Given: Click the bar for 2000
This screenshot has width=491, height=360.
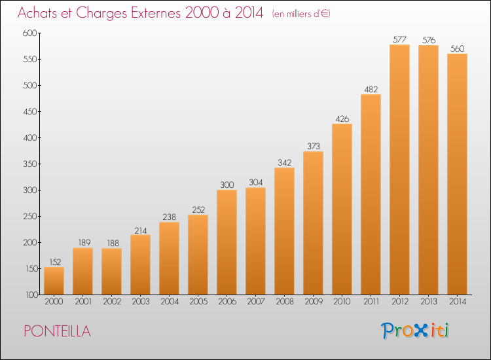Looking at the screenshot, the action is [x=54, y=281].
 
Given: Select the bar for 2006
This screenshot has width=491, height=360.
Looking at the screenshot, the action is [x=227, y=242].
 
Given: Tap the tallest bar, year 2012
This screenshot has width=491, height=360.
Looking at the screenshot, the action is [x=399, y=170].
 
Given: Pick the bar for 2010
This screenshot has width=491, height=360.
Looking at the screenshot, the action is [x=342, y=209].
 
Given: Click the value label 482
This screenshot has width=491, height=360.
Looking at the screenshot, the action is [x=371, y=90].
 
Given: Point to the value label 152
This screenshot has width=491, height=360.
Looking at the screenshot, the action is [x=55, y=262].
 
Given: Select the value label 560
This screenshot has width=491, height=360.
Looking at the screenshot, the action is [x=457, y=49].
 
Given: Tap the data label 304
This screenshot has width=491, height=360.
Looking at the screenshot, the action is [x=255, y=182].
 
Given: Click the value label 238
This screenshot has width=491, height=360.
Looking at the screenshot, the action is [x=169, y=217].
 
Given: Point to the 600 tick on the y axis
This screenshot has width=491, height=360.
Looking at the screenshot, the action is [x=29, y=33].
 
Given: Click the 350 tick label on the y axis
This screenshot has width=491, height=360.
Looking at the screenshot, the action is [x=30, y=164].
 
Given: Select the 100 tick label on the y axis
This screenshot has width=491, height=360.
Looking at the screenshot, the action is [x=31, y=295].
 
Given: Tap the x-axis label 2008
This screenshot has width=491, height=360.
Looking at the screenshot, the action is [x=285, y=302].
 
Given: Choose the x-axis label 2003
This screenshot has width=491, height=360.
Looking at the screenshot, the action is [x=141, y=302].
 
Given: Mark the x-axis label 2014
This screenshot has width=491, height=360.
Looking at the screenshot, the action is [x=458, y=302].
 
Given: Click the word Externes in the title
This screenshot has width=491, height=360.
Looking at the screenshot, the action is [x=156, y=13].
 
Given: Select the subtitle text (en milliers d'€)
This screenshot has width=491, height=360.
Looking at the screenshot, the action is [x=301, y=14].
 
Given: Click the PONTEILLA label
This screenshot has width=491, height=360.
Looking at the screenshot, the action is [x=58, y=331].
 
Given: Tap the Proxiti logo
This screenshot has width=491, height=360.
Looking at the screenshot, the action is [x=415, y=331].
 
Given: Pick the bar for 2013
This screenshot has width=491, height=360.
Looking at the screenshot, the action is [x=428, y=170].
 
